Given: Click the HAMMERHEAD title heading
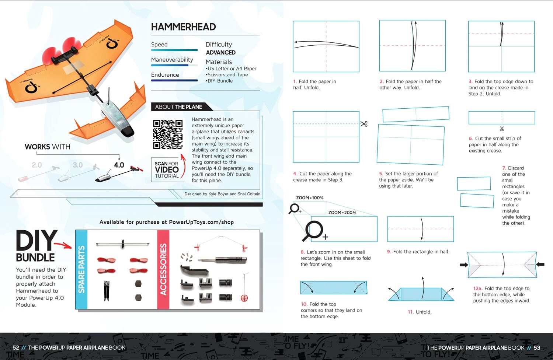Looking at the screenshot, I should [183, 27].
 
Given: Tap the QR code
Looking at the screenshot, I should [168, 134].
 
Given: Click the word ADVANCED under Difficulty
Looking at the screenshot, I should [220, 53].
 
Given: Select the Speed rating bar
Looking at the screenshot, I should [174, 50].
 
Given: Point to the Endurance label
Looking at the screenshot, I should [165, 75].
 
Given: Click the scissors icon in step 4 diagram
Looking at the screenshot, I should [364, 124].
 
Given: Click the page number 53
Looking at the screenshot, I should [537, 347].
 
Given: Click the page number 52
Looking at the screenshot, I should [16, 347].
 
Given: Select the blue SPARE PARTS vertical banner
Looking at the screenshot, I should [81, 269].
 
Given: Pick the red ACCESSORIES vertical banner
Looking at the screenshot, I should [163, 269].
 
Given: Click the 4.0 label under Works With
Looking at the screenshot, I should [119, 165].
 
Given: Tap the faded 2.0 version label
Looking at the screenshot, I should [36, 165].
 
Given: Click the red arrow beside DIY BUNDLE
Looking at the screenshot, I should [63, 245].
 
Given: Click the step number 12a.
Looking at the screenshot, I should [477, 289].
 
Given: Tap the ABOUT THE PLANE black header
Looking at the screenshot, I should [178, 107].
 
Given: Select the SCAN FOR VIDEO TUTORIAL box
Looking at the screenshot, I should [167, 169].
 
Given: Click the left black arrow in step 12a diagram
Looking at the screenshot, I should [464, 265].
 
